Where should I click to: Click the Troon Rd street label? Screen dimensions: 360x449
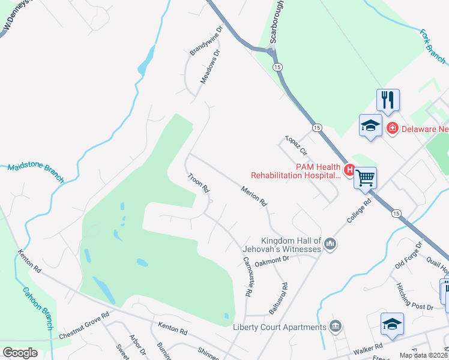click(198, 183)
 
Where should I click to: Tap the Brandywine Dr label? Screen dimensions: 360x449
click(206, 41)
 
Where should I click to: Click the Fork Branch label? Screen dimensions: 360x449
click(432, 46)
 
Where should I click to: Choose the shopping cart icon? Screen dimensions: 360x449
click(365, 177)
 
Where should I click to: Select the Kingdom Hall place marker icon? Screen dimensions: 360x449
click(330, 243)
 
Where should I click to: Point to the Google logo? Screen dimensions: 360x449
click(20, 353)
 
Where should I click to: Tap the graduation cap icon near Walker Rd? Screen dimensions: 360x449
click(392, 323)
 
